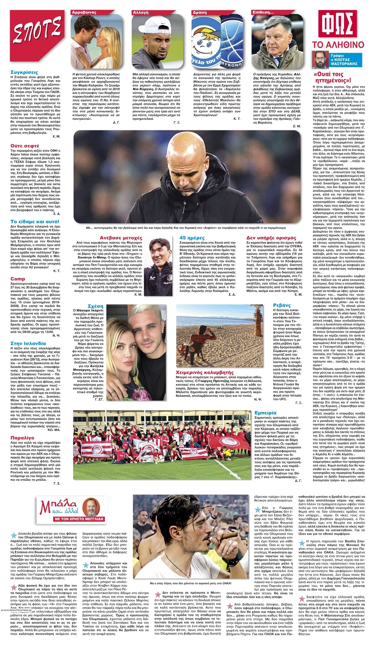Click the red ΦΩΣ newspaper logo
click(x=337, y=24)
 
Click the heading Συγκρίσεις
click(x=24, y=72)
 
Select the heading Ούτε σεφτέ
click(x=25, y=146)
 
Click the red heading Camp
click(x=18, y=279)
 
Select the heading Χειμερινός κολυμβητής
click(x=205, y=372)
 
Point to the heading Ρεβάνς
click(x=282, y=305)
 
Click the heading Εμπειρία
click(x=265, y=413)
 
